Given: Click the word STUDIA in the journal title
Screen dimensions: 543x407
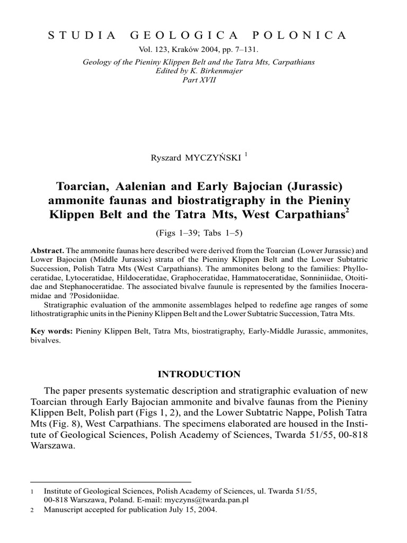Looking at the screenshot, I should [x=82, y=36].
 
